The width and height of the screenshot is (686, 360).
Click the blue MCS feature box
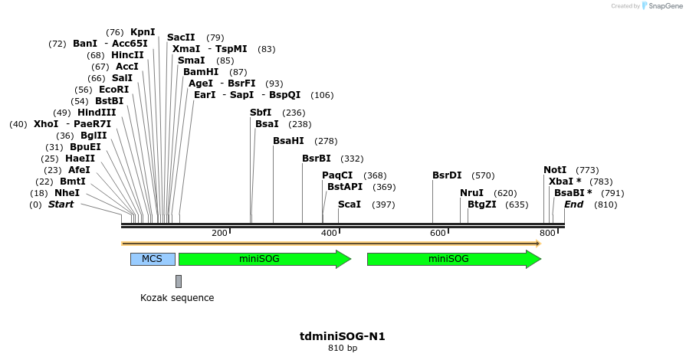tap(153, 259)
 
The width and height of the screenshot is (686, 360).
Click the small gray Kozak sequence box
tap(179, 281)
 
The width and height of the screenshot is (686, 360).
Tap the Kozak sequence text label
tap(177, 298)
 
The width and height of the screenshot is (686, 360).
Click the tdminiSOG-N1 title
tap(342, 336)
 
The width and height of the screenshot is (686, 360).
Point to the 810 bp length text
tap(342, 349)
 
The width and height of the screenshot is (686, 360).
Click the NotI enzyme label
tap(555, 170)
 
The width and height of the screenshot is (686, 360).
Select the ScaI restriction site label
tap(350, 205)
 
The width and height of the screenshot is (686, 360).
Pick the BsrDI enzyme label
tap(447, 175)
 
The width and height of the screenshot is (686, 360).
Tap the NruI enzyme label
tap(471, 193)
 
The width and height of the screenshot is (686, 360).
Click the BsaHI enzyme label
tap(288, 141)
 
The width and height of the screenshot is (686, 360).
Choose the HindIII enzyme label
tap(97, 113)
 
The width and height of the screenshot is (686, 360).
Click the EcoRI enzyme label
tap(113, 90)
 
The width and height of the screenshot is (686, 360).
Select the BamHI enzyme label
tap(201, 72)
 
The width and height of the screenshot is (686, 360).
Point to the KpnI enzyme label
tap(143, 32)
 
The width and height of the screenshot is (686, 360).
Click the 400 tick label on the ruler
tap(329, 233)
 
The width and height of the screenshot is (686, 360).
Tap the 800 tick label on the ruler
tap(547, 233)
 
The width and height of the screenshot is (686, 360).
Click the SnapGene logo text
tap(661, 6)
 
